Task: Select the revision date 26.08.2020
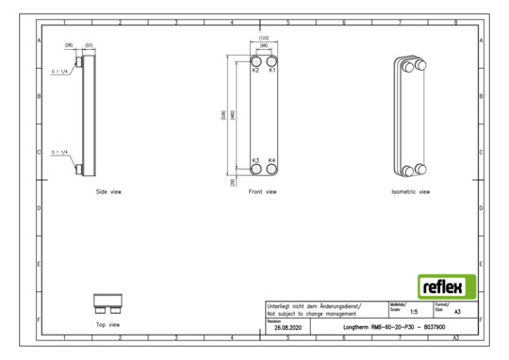click(287, 327)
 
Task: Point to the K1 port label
click(272, 71)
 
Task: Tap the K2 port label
click(255, 71)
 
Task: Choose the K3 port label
click(255, 161)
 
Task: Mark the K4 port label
click(272, 161)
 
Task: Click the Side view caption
click(108, 191)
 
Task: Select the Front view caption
click(263, 191)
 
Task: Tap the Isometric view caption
click(410, 191)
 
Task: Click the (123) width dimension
click(264, 39)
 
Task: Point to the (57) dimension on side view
click(88, 43)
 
